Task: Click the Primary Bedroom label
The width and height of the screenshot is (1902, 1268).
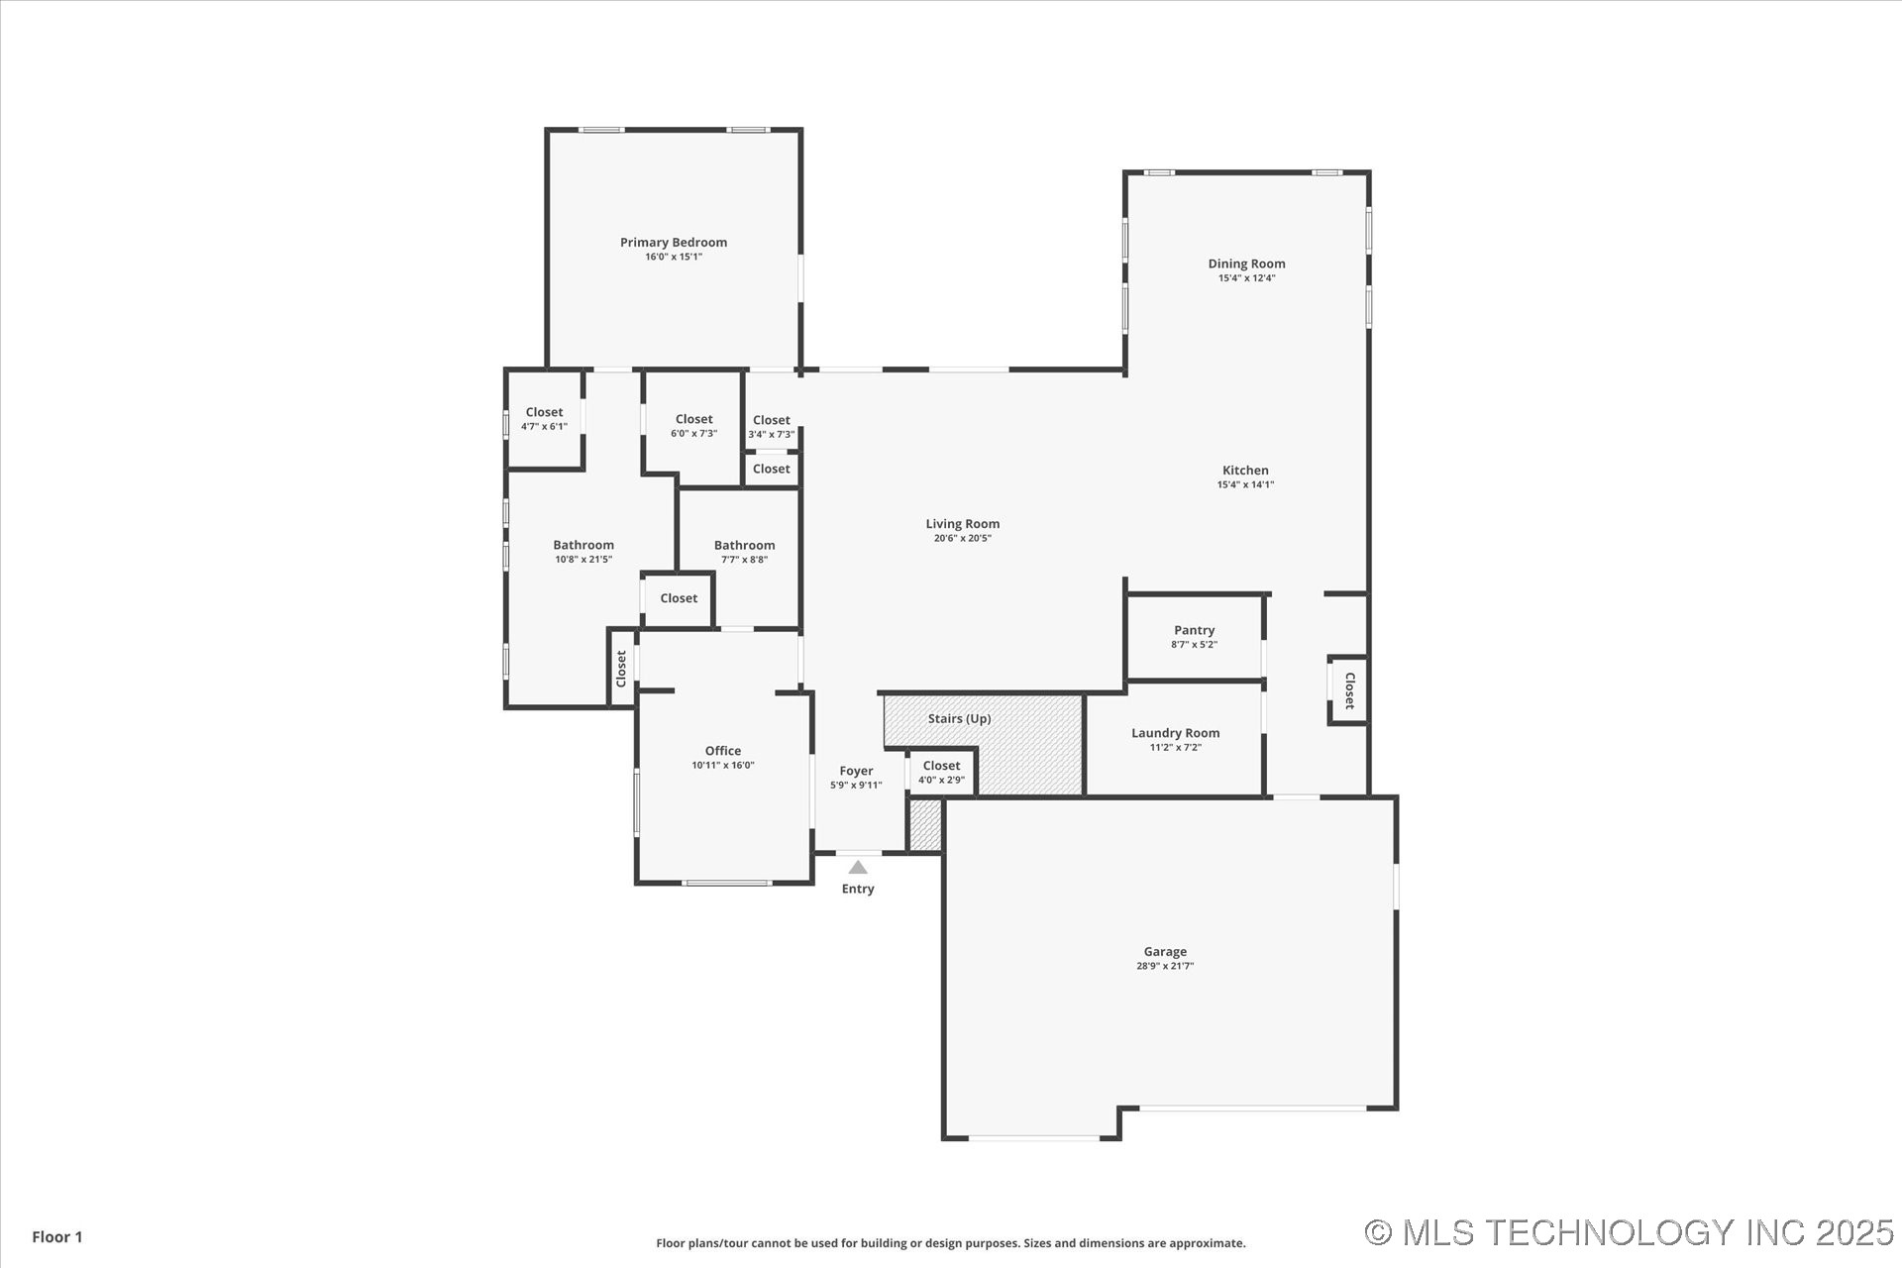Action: click(x=673, y=243)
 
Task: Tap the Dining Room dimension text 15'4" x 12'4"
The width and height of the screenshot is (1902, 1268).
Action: click(x=1246, y=278)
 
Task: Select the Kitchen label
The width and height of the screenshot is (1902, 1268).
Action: click(x=1245, y=471)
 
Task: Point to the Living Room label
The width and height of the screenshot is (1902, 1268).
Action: click(x=962, y=524)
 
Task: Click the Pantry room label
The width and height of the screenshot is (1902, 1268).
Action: click(x=1194, y=630)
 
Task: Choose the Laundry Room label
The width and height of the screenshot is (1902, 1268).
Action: click(x=1175, y=733)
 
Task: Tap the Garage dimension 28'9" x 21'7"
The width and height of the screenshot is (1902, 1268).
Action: click(x=1165, y=966)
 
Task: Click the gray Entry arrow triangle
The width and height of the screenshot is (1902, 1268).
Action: click(x=858, y=868)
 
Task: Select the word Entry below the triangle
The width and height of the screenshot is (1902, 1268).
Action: click(x=858, y=890)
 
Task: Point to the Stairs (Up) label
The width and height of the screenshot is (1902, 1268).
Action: click(x=959, y=719)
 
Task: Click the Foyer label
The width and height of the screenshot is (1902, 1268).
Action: click(x=856, y=771)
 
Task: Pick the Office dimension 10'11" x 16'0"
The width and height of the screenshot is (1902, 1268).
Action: click(x=722, y=766)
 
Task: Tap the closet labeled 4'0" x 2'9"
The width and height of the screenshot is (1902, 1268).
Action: click(x=941, y=773)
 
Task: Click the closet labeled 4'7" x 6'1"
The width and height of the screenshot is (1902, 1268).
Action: click(x=544, y=419)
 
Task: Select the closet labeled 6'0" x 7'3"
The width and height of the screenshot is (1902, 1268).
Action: click(x=693, y=426)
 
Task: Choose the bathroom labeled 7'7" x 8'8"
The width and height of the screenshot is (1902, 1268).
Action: click(x=744, y=552)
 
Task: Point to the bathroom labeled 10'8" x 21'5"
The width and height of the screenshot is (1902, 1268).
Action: click(x=582, y=552)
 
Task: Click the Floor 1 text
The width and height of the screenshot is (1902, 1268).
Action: click(x=57, y=1236)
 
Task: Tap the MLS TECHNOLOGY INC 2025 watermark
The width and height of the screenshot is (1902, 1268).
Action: click(x=1629, y=1232)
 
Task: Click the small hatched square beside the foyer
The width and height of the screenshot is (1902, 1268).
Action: click(x=925, y=825)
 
